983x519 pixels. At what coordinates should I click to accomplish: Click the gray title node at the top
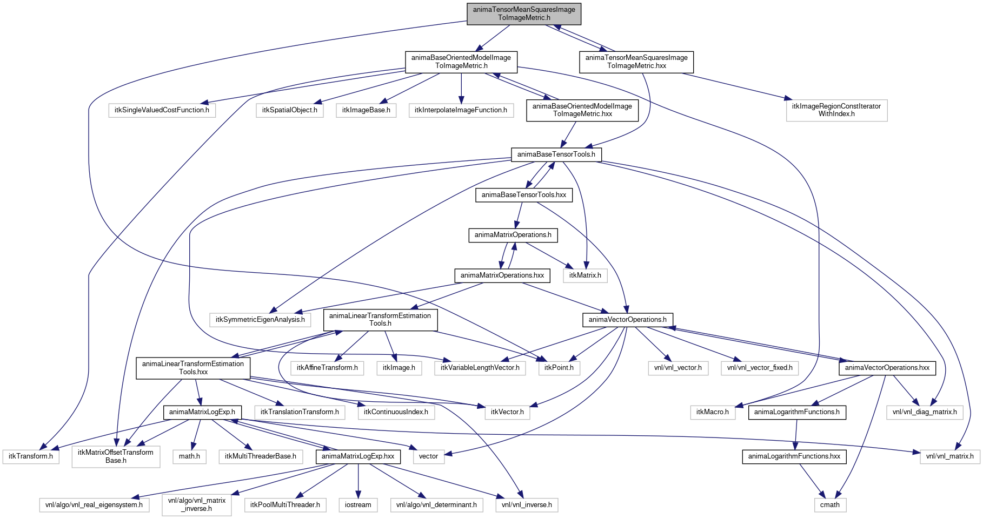click(523, 14)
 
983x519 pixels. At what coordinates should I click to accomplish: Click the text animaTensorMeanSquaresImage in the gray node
click(523, 10)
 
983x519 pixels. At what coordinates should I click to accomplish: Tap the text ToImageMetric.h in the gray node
click(523, 18)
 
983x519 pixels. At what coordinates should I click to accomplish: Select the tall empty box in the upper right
click(836, 111)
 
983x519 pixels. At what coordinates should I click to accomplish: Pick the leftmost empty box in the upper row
click(162, 110)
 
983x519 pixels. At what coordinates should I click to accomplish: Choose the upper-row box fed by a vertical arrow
click(461, 110)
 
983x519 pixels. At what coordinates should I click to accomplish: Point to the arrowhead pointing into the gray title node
click(557, 26)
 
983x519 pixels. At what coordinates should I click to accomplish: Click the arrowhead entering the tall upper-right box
click(788, 98)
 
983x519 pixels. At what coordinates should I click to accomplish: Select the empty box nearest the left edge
click(31, 456)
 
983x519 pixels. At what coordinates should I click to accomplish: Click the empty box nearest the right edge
click(950, 457)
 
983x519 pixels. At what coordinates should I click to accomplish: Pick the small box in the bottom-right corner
click(830, 505)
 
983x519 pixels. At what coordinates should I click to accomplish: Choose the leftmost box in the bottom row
click(94, 505)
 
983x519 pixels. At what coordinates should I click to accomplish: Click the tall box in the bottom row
click(197, 505)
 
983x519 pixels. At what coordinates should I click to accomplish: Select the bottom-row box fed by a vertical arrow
click(358, 505)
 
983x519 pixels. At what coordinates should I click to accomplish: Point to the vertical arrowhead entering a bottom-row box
click(358, 495)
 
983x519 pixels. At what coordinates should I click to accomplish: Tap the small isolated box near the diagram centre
click(585, 275)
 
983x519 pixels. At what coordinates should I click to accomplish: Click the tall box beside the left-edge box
click(116, 456)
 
